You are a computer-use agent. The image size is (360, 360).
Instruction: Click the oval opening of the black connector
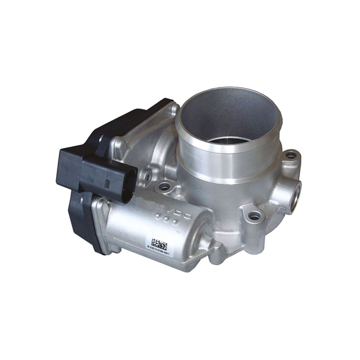tap(129, 185)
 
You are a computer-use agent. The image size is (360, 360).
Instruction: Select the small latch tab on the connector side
tap(107, 184)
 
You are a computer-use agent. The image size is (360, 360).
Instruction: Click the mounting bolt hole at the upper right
tap(291, 156)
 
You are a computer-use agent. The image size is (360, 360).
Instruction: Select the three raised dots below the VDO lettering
tap(166, 219)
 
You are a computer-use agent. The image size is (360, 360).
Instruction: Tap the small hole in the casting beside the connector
tap(148, 177)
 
